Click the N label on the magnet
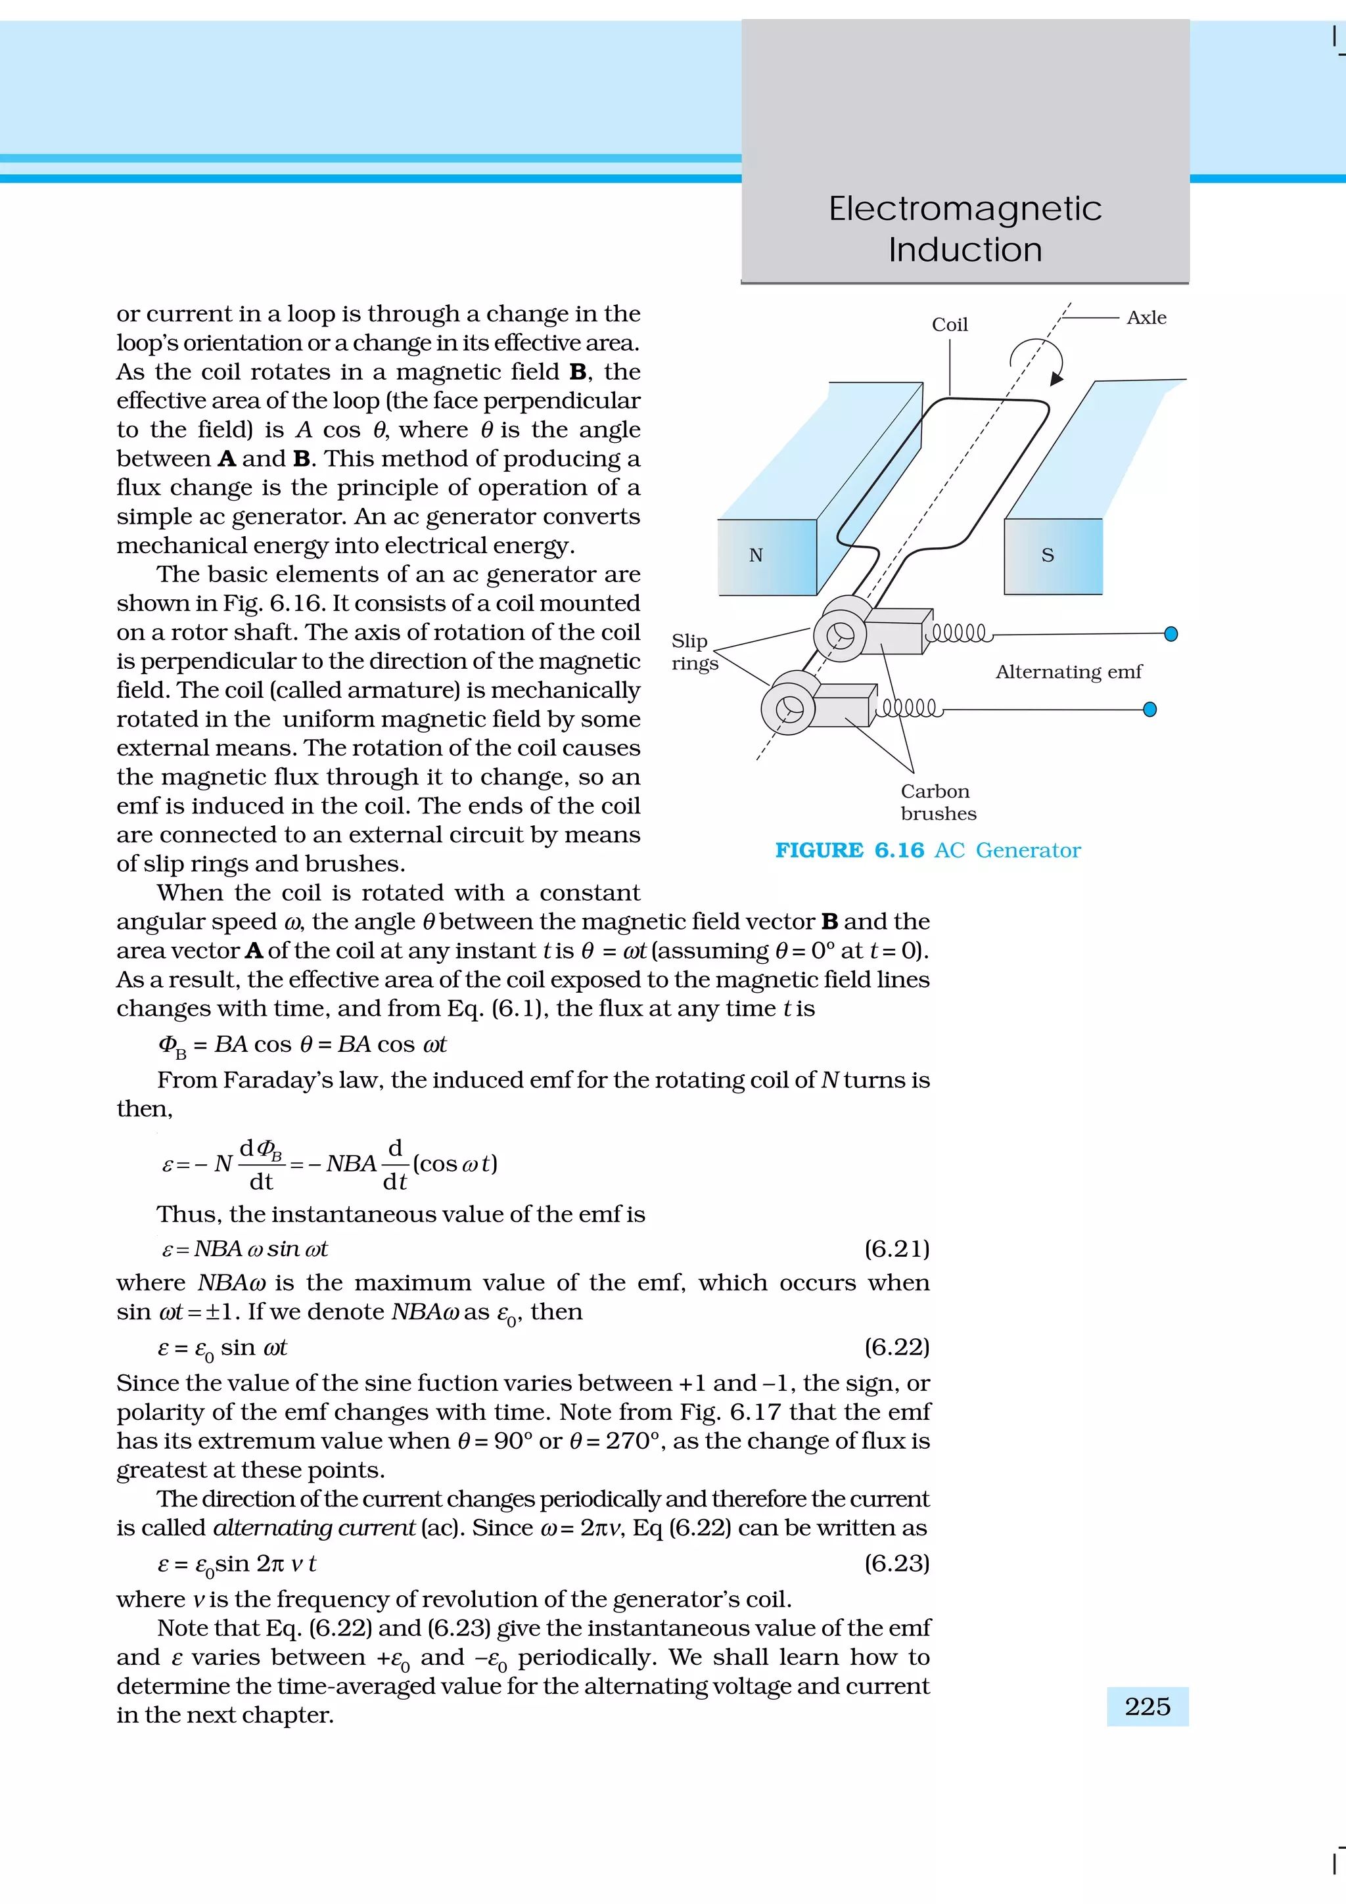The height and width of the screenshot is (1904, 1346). (x=756, y=556)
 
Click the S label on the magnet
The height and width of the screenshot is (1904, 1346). (x=1048, y=556)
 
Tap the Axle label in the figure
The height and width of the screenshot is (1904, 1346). (x=1146, y=317)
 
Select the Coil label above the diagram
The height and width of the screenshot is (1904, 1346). (x=950, y=325)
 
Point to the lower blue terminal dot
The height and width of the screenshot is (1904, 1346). (x=1149, y=709)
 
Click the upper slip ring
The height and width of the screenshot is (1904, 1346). (x=840, y=635)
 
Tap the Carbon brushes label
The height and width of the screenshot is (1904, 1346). (x=938, y=802)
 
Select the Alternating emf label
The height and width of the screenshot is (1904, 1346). (x=1068, y=671)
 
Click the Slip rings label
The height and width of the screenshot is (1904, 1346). (x=693, y=652)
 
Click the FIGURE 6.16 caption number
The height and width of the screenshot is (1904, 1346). (x=899, y=850)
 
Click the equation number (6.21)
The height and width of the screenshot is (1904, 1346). (x=896, y=1248)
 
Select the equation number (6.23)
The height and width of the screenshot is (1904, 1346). (x=896, y=1563)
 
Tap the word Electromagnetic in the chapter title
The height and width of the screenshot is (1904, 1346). (x=965, y=208)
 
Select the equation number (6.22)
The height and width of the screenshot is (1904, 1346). (x=896, y=1347)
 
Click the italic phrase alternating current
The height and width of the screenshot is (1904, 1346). (x=313, y=1528)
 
